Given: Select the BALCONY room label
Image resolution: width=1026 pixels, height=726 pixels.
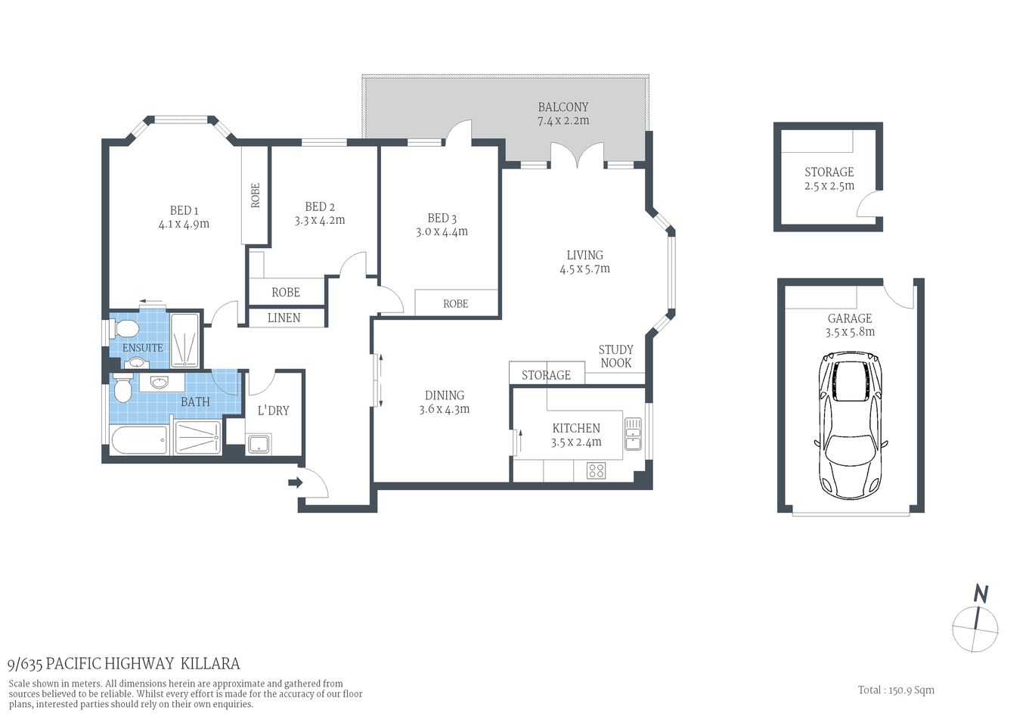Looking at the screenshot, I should tap(563, 107).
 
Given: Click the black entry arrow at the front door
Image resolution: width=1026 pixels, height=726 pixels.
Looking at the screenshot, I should tap(296, 482).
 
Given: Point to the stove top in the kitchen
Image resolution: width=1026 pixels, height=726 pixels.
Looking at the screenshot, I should tap(596, 470).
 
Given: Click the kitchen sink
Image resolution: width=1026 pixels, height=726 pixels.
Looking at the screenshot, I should tap(632, 433).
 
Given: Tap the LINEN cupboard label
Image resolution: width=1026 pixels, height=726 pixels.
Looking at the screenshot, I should tap(284, 318).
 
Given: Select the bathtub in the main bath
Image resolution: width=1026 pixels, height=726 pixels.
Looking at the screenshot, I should tap(138, 440).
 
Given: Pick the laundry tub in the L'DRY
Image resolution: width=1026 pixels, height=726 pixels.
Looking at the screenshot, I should tap(259, 444).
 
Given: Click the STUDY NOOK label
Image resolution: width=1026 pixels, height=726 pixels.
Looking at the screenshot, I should tap(615, 356).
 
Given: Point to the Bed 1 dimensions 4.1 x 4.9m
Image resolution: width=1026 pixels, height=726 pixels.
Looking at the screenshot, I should tap(184, 224).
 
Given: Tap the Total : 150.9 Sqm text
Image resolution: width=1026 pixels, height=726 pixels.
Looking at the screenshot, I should tap(896, 690).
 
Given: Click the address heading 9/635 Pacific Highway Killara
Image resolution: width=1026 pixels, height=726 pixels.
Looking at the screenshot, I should tap(123, 664).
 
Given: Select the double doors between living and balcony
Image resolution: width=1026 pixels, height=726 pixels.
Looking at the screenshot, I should tap(577, 155).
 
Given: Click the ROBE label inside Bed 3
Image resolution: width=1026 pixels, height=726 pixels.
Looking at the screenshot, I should tap(455, 303).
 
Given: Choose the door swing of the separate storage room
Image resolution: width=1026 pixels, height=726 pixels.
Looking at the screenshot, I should tap(869, 203).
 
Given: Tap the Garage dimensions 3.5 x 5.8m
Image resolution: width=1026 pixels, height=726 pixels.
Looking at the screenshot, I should tap(850, 331).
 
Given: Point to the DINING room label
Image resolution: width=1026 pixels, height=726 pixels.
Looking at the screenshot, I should tap(444, 395).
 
